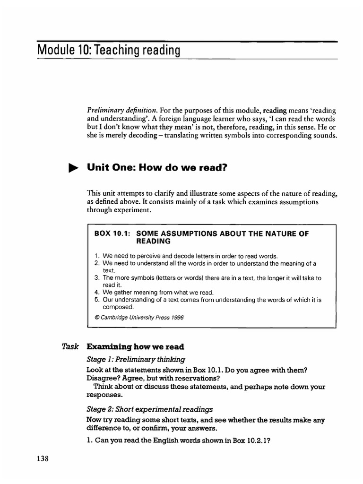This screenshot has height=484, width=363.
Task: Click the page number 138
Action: point(42,458)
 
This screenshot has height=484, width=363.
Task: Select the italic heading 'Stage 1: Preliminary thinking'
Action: point(136,359)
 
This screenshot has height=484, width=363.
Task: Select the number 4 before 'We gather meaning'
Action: point(96,292)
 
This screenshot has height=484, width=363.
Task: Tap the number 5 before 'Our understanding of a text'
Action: point(96,299)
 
